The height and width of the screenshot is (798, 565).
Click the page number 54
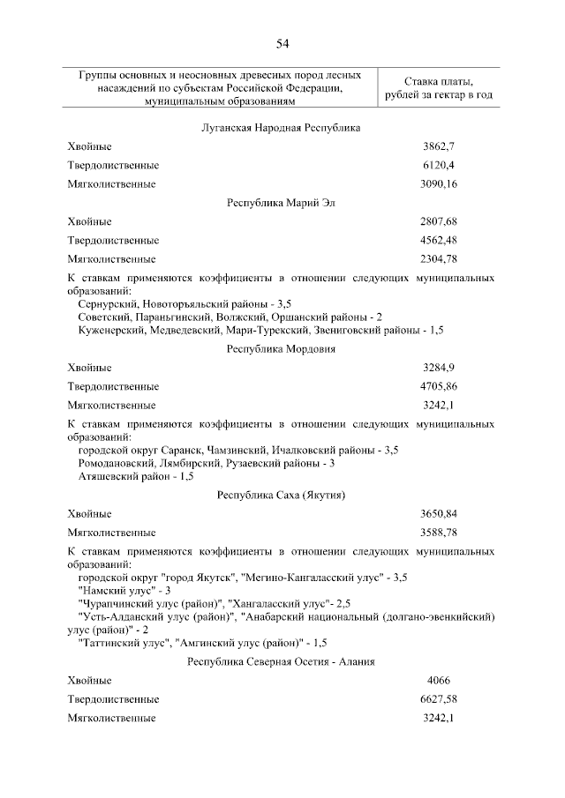[282, 45]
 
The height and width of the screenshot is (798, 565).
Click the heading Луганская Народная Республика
[282, 128]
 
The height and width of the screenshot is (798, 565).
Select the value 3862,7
[439, 146]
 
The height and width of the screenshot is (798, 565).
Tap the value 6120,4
[439, 165]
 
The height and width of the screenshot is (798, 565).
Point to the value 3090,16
[439, 184]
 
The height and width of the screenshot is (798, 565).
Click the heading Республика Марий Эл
[282, 203]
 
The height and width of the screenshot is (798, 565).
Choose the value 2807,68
[439, 221]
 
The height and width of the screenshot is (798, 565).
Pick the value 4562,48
[439, 240]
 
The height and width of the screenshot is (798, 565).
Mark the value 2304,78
[439, 259]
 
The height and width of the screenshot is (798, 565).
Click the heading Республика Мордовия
[282, 348]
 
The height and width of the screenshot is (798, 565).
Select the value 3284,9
[439, 367]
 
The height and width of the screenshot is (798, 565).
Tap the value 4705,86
[439, 386]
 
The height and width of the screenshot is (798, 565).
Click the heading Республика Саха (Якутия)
[282, 495]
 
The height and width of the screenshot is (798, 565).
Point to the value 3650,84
[439, 513]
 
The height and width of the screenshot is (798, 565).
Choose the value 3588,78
[439, 533]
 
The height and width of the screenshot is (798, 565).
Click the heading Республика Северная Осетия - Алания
[282, 662]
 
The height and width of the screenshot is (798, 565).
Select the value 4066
[439, 681]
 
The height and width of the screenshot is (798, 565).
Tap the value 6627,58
[439, 699]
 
